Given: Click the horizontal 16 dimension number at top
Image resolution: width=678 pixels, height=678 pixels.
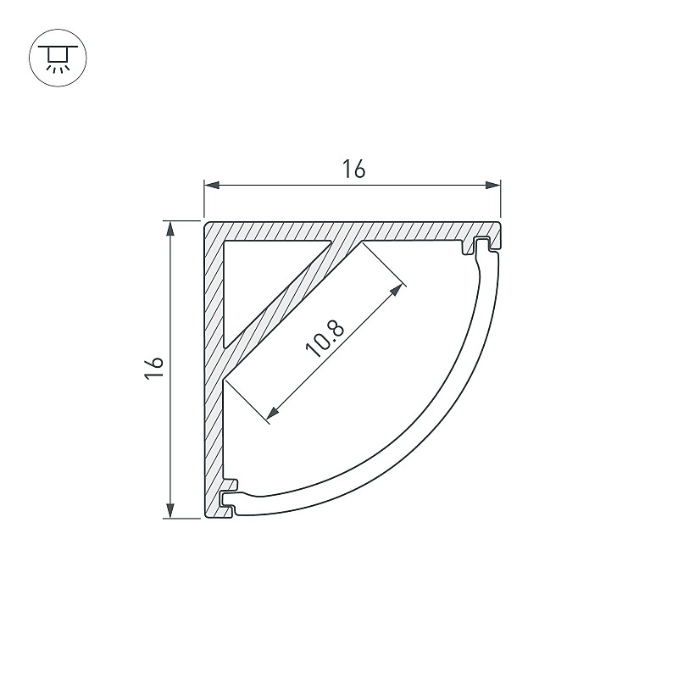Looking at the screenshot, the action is (353, 169).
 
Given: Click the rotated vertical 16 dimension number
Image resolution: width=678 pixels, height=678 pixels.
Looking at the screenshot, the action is (154, 368).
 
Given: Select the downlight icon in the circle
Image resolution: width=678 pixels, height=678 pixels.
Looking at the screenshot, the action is (58, 58).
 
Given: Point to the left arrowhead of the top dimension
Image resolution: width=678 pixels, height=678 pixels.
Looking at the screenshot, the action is (212, 185).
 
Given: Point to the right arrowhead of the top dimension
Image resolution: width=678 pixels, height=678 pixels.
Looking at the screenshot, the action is (493, 185).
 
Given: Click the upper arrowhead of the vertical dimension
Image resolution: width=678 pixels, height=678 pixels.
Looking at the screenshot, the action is (171, 229).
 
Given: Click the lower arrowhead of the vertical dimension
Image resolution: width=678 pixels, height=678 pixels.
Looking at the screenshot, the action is (171, 510).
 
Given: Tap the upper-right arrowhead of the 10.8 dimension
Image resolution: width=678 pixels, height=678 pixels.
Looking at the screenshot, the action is (397, 290).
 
